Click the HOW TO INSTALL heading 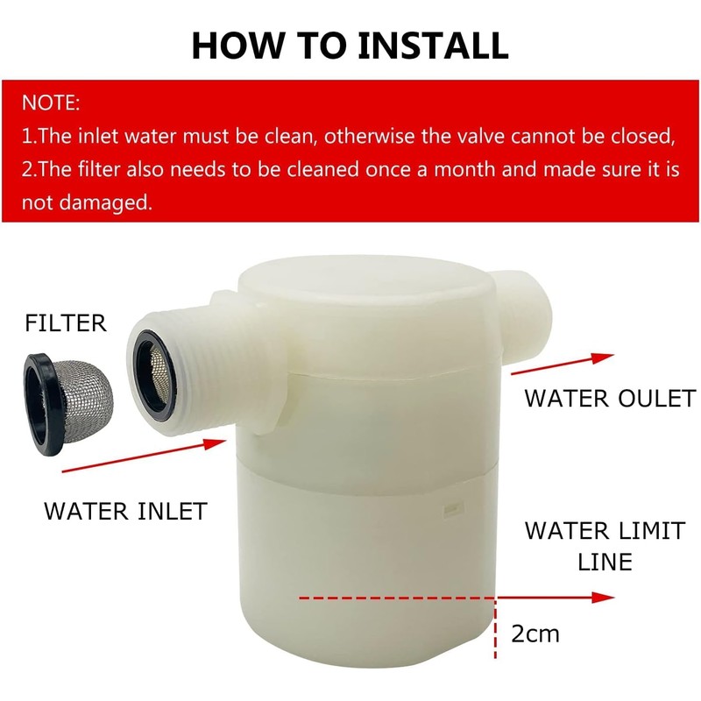350,44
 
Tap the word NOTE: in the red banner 51,103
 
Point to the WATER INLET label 125,510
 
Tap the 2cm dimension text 535,633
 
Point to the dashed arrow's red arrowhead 602,598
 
